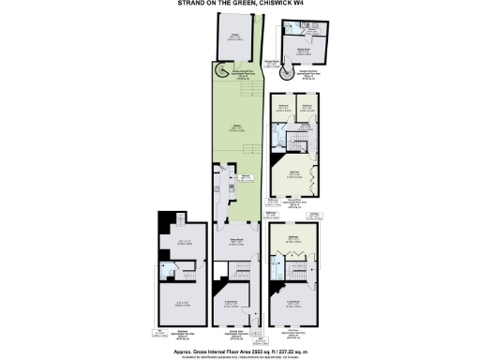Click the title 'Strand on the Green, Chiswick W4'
[239, 4]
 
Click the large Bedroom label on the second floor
[293, 172]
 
